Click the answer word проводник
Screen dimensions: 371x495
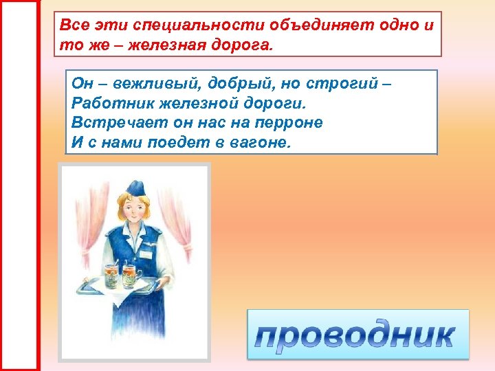click(357, 335)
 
